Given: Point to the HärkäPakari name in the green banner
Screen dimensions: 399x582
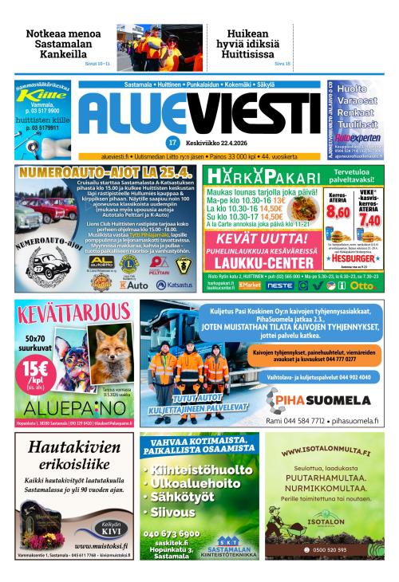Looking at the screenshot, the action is [x=247, y=177].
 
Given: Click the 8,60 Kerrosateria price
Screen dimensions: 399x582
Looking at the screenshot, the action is [x=339, y=212].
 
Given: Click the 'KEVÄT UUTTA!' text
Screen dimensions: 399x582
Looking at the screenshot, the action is [x=263, y=238].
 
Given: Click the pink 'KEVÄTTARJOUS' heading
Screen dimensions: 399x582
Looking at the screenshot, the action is [x=72, y=311].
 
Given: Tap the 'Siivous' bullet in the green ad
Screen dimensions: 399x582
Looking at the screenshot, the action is [x=173, y=512].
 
